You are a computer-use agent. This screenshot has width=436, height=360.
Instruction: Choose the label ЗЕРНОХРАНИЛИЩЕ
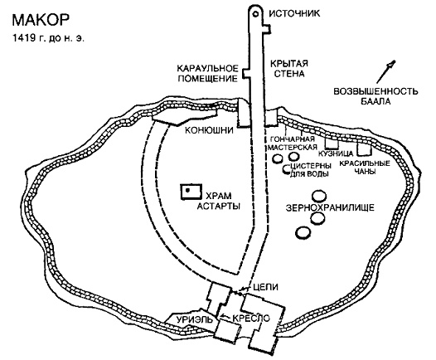point(332,204)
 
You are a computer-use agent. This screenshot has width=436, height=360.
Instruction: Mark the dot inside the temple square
point(188,191)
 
